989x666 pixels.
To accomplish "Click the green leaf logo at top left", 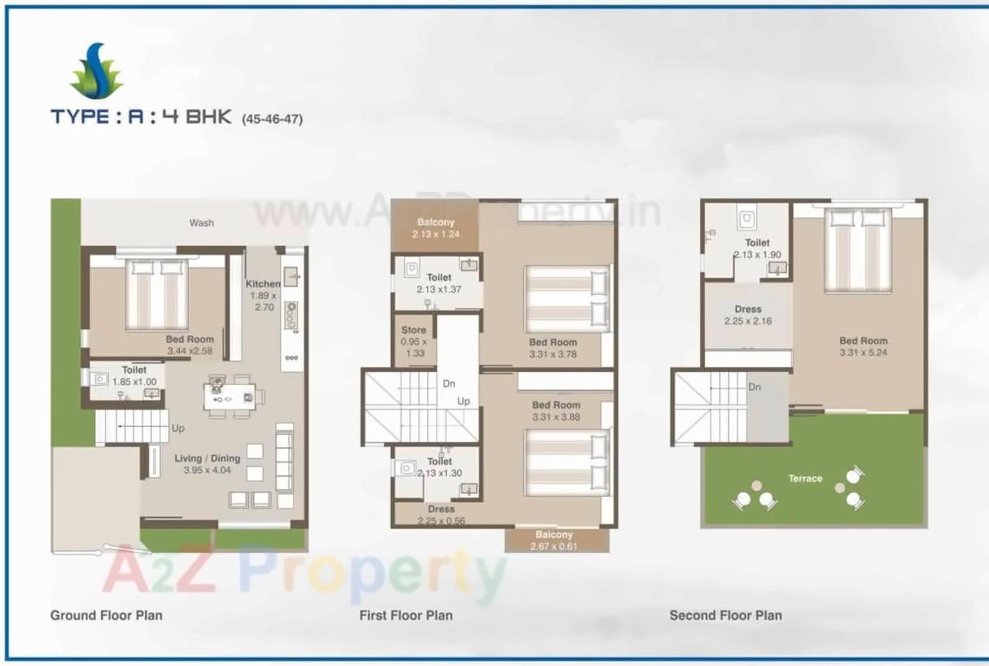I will click(x=97, y=72).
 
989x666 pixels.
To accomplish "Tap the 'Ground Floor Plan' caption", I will click(x=106, y=615).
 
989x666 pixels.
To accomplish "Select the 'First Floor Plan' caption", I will click(x=405, y=615).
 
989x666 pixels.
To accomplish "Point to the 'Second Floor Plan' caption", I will click(x=725, y=615).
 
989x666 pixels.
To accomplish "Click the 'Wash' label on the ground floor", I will click(x=201, y=222).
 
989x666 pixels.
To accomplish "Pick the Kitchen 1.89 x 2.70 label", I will click(x=262, y=296).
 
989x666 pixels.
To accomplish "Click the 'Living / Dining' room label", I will click(x=207, y=464).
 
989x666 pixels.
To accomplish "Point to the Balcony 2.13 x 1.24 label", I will click(x=435, y=228).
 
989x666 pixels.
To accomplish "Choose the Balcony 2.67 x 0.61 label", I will click(x=555, y=541).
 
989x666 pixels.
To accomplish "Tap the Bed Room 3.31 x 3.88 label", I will click(x=556, y=411).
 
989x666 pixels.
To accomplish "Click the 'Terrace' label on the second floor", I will click(x=804, y=479).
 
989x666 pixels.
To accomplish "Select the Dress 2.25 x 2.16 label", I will click(x=747, y=315).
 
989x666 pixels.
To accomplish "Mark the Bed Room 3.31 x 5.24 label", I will click(x=863, y=347).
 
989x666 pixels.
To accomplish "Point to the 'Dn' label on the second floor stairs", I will click(x=755, y=388).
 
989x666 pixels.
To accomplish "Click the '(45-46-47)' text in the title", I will click(x=272, y=119).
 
